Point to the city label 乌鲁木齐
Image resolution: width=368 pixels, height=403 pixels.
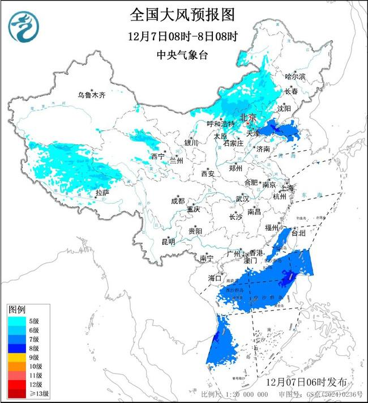tap(92, 95)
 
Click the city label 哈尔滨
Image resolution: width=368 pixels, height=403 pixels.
tap(295, 76)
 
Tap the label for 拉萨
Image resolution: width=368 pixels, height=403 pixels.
tap(102, 193)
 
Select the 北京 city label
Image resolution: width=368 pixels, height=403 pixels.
tap(249, 117)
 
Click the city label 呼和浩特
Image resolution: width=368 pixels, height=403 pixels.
tap(220, 124)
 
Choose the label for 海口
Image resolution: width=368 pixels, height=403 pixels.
tap(215, 278)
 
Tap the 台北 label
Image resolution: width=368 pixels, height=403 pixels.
tap(298, 233)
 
